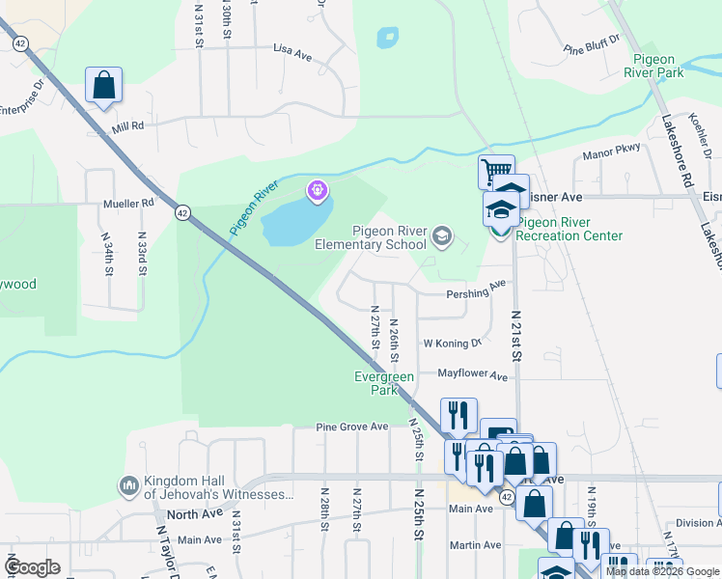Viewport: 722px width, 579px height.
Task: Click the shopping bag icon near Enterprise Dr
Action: [103, 85]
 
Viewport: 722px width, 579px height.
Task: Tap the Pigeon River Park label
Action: [653, 66]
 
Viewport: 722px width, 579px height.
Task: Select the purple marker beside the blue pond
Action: [317, 192]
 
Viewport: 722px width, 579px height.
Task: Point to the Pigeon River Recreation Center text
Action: [569, 229]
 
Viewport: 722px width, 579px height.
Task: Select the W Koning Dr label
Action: [452, 344]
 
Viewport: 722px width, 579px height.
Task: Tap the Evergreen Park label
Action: [384, 383]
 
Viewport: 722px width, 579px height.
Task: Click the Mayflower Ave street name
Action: [472, 374]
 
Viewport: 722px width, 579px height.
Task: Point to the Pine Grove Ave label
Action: [352, 427]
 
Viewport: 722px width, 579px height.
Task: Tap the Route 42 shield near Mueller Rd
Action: [181, 213]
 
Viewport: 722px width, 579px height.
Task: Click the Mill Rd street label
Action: [126, 125]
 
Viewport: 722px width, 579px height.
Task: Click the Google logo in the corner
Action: [34, 567]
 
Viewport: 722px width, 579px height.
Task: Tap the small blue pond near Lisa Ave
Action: [386, 38]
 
